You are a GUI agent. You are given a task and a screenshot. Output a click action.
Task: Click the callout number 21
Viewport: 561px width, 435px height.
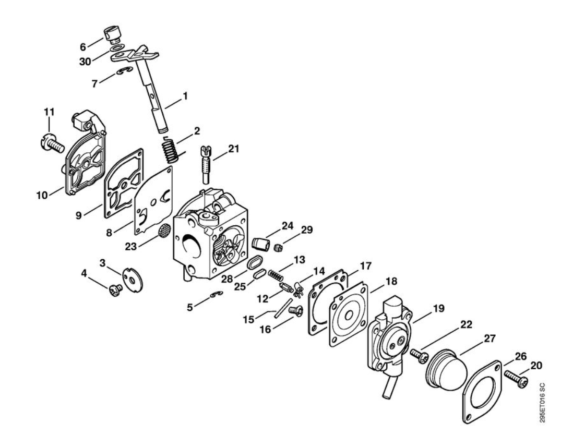point(234,149)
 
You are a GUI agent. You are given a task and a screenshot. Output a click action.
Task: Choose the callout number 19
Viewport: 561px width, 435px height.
point(439,308)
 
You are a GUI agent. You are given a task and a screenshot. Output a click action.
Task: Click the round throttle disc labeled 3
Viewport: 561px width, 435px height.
point(133,279)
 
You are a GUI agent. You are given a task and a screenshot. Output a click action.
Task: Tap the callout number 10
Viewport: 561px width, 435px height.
point(42,195)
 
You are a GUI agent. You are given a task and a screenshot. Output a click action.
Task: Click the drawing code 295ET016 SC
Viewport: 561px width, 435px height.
point(542,403)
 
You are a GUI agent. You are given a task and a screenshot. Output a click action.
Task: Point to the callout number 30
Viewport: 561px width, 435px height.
point(85,62)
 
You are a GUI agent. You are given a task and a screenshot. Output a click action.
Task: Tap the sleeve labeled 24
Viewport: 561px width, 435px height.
point(261,244)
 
